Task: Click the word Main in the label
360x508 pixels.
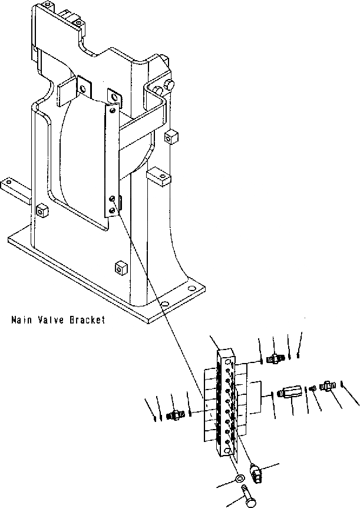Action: pyautogui.click(x=21, y=320)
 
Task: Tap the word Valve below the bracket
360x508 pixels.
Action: pyautogui.click(x=51, y=320)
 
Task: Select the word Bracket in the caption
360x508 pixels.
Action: pyautogui.click(x=87, y=320)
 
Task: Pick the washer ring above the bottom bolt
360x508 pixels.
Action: pyautogui.click(x=240, y=475)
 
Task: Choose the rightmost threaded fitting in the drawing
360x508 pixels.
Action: pyautogui.click(x=327, y=387)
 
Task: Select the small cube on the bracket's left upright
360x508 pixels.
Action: pyautogui.click(x=42, y=210)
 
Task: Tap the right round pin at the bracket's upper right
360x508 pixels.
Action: pyautogui.click(x=171, y=86)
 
